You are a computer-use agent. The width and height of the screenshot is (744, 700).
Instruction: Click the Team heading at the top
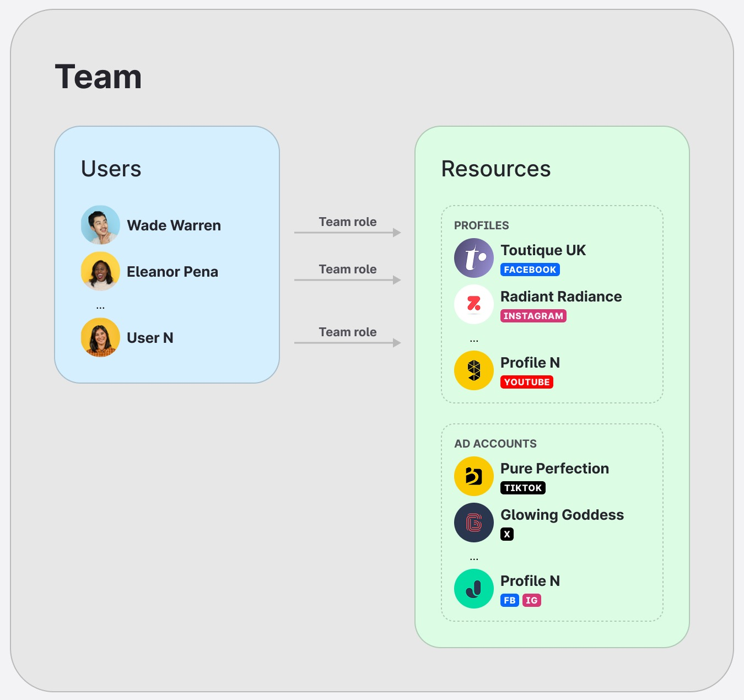coord(98,77)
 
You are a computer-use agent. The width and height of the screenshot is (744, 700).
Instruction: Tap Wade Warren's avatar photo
coord(100,225)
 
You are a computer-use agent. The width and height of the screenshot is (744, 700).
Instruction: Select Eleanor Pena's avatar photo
coord(100,271)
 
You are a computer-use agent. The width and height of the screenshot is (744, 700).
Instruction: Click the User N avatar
coord(100,337)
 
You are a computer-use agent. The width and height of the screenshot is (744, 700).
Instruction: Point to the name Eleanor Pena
coord(172,272)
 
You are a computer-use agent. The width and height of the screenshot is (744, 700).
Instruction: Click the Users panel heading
coord(111,169)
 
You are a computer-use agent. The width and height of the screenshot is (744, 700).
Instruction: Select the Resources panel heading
coord(495,169)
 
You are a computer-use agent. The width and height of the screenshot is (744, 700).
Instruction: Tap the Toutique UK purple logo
coord(474,258)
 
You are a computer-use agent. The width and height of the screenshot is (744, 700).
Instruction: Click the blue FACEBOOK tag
coord(530,270)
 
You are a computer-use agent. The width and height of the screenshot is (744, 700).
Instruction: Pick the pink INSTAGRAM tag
coord(533,316)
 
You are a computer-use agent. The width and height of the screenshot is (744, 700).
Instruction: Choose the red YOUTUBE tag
coord(526,382)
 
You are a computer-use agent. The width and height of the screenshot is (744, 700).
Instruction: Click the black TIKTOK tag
coord(522,488)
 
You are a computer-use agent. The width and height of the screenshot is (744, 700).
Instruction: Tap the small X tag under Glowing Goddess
coord(507,534)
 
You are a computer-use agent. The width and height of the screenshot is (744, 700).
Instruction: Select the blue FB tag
coord(510,600)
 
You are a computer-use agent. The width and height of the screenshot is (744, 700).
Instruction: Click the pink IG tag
coord(531,600)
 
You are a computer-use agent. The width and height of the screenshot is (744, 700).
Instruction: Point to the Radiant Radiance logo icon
coord(474,304)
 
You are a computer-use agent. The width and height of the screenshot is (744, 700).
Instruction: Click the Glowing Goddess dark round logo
coord(474,523)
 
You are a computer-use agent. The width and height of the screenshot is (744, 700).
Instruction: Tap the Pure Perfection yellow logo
coord(474,476)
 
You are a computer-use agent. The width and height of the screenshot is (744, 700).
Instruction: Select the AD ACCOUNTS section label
coord(495,444)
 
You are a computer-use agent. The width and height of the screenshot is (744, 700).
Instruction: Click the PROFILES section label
coord(481,225)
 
